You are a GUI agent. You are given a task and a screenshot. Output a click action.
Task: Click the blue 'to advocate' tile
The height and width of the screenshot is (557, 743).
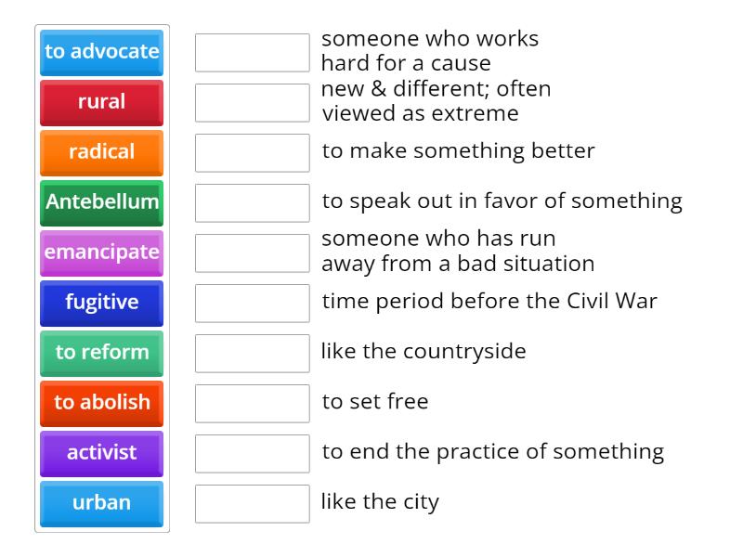(x=102, y=52)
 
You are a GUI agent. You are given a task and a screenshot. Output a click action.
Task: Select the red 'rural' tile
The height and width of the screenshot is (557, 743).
(x=102, y=102)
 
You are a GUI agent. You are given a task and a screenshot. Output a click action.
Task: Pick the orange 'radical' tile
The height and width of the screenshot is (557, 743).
(x=102, y=152)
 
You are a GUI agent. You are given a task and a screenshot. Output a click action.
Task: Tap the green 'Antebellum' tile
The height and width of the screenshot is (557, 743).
(x=102, y=202)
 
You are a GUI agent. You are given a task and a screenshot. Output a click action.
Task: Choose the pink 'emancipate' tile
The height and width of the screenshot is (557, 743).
(x=102, y=253)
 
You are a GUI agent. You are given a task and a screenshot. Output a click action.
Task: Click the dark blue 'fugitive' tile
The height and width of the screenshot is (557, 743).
(x=102, y=303)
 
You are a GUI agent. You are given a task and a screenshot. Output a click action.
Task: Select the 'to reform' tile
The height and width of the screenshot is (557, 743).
(x=102, y=353)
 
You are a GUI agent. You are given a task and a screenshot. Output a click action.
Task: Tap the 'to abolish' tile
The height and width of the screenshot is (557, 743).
(x=102, y=403)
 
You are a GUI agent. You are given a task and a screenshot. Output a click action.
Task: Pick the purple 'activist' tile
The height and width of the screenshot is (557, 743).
(x=102, y=453)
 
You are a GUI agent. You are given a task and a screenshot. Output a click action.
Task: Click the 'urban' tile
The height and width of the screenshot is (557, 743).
(x=102, y=503)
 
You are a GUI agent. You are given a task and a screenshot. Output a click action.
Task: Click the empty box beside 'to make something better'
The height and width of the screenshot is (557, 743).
(x=252, y=152)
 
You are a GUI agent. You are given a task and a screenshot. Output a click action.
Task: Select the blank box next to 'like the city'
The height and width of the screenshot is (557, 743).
(x=252, y=503)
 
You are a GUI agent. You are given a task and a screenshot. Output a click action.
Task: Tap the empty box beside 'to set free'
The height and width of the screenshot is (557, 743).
(x=252, y=403)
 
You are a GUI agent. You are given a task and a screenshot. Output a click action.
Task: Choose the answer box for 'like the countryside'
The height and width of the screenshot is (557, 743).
(x=252, y=353)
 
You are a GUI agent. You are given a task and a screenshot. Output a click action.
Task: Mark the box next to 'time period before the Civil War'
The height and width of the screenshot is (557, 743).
(x=252, y=303)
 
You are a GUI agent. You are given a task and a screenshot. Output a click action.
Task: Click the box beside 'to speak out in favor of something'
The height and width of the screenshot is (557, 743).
(x=252, y=202)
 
